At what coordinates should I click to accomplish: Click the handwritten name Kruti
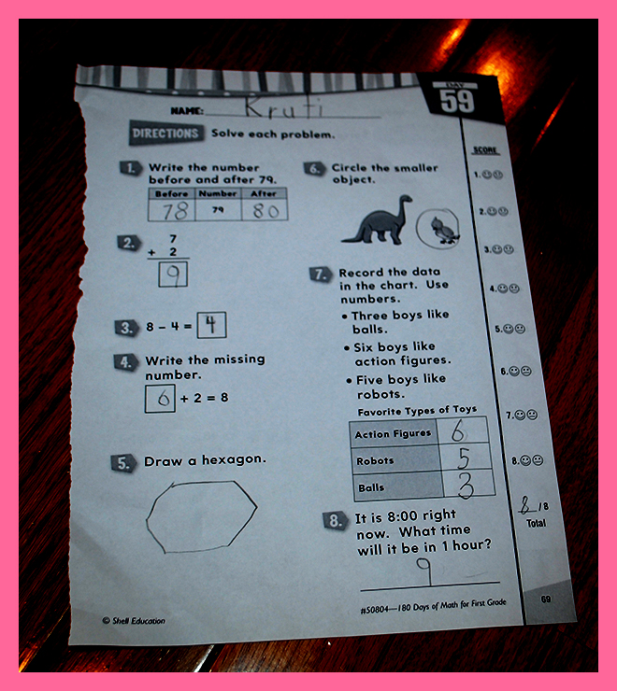point(283,106)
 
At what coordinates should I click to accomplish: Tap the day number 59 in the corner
point(457,102)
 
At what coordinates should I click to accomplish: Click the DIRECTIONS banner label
point(165,133)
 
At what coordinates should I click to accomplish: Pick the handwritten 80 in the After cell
point(265,211)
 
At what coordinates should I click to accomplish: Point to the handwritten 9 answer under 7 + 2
point(174,275)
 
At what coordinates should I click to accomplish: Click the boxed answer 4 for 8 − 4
point(211,324)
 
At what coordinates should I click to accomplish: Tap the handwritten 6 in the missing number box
point(163,399)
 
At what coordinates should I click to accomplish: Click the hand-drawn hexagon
point(147,520)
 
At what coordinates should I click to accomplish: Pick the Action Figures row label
point(393,433)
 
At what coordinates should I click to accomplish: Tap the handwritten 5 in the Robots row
point(464,458)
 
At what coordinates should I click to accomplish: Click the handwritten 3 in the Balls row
point(466,487)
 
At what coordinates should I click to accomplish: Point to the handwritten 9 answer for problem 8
point(424,571)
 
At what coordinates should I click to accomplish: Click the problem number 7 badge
point(321,275)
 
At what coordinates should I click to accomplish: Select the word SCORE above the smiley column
point(485,150)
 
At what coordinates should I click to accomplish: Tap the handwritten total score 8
point(525,505)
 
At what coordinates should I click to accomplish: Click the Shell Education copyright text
point(134,620)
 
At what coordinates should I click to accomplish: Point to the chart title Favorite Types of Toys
point(417,411)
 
